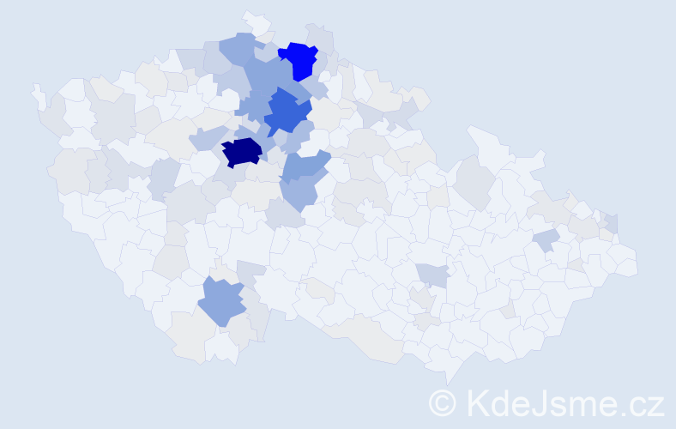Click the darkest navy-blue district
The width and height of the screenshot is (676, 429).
click(242, 152)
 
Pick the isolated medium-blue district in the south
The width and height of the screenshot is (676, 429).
click(221, 301)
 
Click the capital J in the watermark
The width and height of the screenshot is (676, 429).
click(543, 402)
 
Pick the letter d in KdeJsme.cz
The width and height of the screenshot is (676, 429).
click(503, 402)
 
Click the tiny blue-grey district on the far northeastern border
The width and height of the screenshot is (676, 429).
click(612, 222)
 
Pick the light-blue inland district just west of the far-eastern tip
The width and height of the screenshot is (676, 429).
click(546, 239)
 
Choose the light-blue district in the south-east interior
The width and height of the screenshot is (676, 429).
click(434, 275)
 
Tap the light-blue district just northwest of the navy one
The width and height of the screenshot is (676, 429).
click(208, 137)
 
